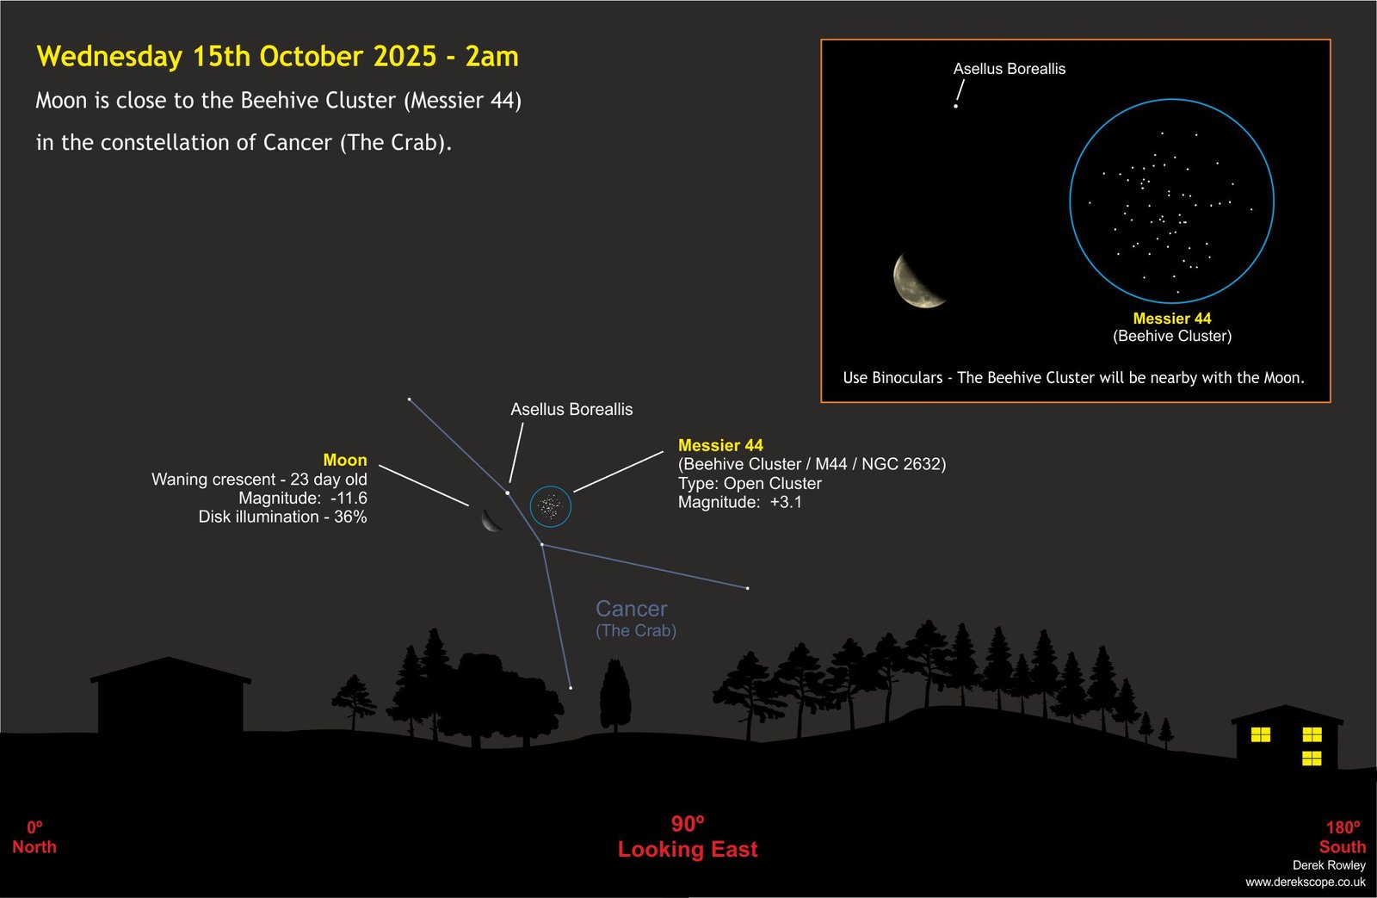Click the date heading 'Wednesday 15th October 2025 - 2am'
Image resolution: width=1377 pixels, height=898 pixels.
pos(277,57)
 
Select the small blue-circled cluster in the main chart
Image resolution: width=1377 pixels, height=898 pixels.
pos(551,506)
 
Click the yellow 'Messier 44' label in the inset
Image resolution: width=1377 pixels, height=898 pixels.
pos(1171,319)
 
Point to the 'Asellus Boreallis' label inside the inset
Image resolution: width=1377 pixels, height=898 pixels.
pos(1010,69)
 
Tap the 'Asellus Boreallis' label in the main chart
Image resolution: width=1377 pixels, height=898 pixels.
pos(571,410)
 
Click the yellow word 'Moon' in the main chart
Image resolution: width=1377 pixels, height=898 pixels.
pos(345,460)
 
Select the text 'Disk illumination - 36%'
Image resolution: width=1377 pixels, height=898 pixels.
pos(283,517)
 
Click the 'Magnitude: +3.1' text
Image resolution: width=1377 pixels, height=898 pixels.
pos(740,503)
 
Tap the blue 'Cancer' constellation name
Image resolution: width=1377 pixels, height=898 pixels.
pos(632,609)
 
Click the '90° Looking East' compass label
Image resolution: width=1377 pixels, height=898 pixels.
pos(688,837)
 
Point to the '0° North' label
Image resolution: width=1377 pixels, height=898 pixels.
pos(34,838)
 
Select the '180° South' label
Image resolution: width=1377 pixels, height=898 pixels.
pos(1343,838)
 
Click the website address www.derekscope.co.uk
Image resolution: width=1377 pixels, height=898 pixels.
pos(1306,882)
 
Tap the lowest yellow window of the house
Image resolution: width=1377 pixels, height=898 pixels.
pos(1312,758)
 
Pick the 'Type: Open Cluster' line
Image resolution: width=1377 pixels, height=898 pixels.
pos(750,484)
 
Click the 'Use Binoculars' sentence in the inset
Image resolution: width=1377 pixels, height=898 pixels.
pos(1073,378)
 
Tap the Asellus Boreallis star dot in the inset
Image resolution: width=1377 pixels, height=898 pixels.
pos(955,107)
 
